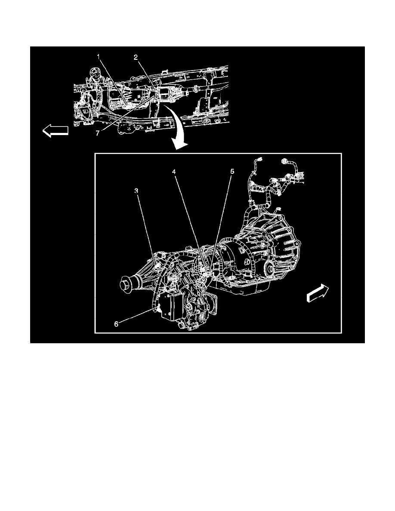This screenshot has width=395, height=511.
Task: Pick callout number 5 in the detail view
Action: coord(232,172)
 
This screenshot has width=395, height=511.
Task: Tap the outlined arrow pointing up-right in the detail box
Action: coord(317,294)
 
